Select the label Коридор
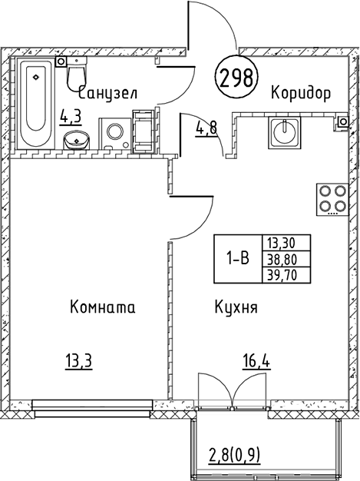(300, 94)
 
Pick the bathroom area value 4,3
(71, 118)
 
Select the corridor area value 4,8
(206, 128)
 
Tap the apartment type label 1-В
(236, 259)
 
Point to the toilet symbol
(76, 75)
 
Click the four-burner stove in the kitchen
(332, 199)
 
